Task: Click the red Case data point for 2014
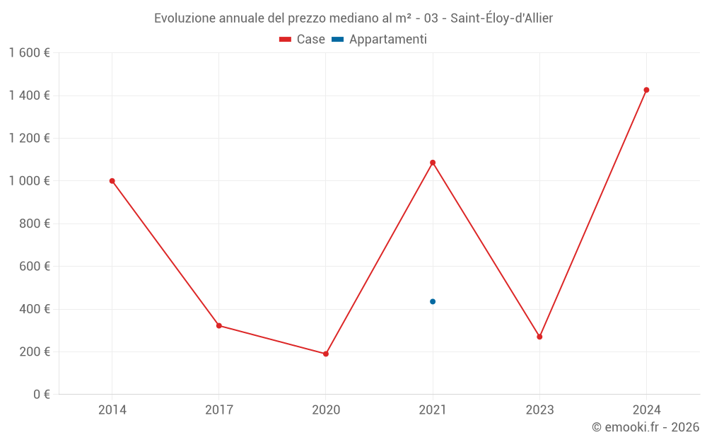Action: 112,181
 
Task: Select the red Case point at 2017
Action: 219,326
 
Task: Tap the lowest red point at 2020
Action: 326,354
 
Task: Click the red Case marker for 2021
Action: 433,163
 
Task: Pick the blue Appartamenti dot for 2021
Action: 433,302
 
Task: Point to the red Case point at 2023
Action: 539,337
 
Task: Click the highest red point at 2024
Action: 646,90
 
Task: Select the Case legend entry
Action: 303,40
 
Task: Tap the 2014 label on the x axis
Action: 112,409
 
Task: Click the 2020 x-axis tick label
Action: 326,409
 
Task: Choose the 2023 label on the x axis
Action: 539,409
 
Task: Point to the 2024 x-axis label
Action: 646,409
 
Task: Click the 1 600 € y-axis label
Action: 29,53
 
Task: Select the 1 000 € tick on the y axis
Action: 29,181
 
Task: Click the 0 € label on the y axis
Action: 41,395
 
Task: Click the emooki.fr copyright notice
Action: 645,427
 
